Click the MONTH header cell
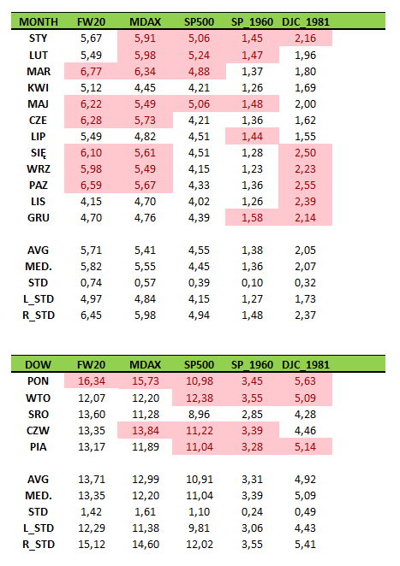point(39,22)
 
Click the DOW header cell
point(38,365)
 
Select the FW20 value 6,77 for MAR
point(91,72)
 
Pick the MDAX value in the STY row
point(145,38)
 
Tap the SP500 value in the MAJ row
point(199,104)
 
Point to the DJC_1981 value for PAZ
point(305,186)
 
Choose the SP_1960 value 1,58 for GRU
point(252,218)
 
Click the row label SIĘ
point(38,153)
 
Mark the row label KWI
point(38,88)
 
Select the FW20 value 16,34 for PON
point(92,381)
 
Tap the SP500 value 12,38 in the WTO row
point(200,398)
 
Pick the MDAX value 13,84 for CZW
point(146,431)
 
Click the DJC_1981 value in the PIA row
point(305,447)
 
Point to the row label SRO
point(38,415)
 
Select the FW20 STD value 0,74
point(91,283)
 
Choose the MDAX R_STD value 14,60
point(146,545)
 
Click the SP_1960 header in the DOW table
point(252,365)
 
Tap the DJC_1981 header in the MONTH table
point(306,22)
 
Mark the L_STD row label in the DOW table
point(39,528)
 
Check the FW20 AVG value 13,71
point(92,480)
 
